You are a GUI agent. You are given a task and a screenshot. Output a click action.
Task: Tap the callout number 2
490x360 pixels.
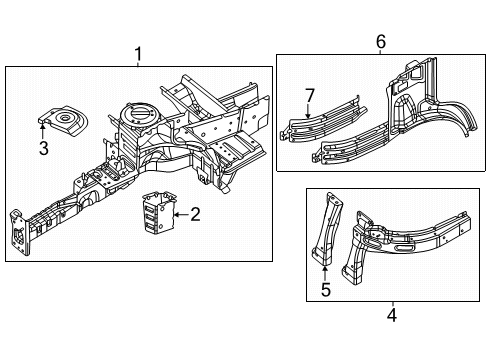pos(196,212)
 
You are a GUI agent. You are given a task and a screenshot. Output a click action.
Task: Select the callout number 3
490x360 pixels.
pos(43,150)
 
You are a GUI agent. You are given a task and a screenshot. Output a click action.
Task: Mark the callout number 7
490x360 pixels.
pos(310,95)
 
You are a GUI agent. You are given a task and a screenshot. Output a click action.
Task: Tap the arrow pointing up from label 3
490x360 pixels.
pos(43,130)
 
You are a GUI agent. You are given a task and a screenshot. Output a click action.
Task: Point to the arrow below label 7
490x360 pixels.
pos(310,112)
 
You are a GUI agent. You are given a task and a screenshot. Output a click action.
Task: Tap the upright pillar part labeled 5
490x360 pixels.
pos(328,230)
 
